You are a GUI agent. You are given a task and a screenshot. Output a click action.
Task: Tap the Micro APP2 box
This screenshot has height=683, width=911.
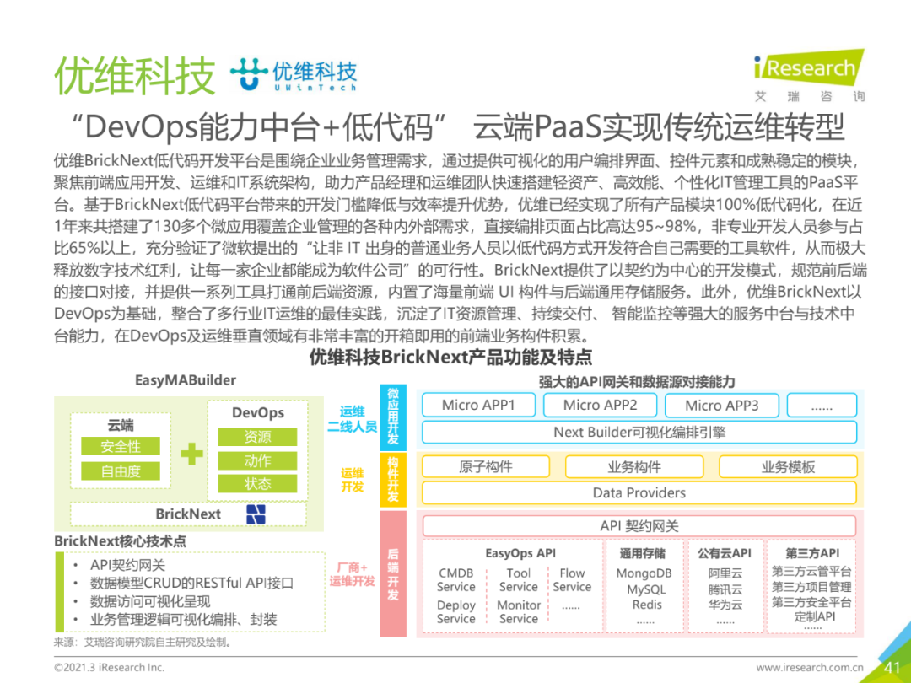tap(600, 406)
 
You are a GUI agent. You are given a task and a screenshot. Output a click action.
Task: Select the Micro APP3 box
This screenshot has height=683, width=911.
tap(721, 406)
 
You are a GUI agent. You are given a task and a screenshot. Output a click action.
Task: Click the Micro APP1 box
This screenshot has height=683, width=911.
tap(477, 406)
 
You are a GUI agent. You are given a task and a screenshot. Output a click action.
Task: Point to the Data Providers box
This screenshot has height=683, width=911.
tap(639, 492)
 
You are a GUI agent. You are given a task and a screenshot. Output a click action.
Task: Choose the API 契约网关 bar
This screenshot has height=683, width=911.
tap(639, 526)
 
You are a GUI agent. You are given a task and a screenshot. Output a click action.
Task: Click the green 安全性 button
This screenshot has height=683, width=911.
tap(120, 447)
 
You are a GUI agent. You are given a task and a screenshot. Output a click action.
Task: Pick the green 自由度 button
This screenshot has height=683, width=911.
tap(120, 471)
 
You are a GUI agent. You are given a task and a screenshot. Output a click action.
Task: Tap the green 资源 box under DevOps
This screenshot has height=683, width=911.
tap(257, 437)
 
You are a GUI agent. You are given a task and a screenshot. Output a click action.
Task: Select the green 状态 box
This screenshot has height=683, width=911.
tap(257, 484)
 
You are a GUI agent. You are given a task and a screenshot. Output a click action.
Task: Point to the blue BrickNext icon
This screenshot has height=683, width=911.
tap(256, 514)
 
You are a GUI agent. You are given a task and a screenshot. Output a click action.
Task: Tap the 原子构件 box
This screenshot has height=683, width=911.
tap(486, 467)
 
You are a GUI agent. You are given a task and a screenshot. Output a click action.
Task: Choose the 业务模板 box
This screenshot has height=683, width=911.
tap(788, 467)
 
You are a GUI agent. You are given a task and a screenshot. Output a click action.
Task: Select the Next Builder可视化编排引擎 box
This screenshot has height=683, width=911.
tap(639, 432)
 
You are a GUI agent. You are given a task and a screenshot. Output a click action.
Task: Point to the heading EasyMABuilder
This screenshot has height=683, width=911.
tap(186, 380)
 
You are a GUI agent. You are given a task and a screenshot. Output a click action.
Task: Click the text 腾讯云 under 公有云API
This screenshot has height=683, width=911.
tap(725, 589)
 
